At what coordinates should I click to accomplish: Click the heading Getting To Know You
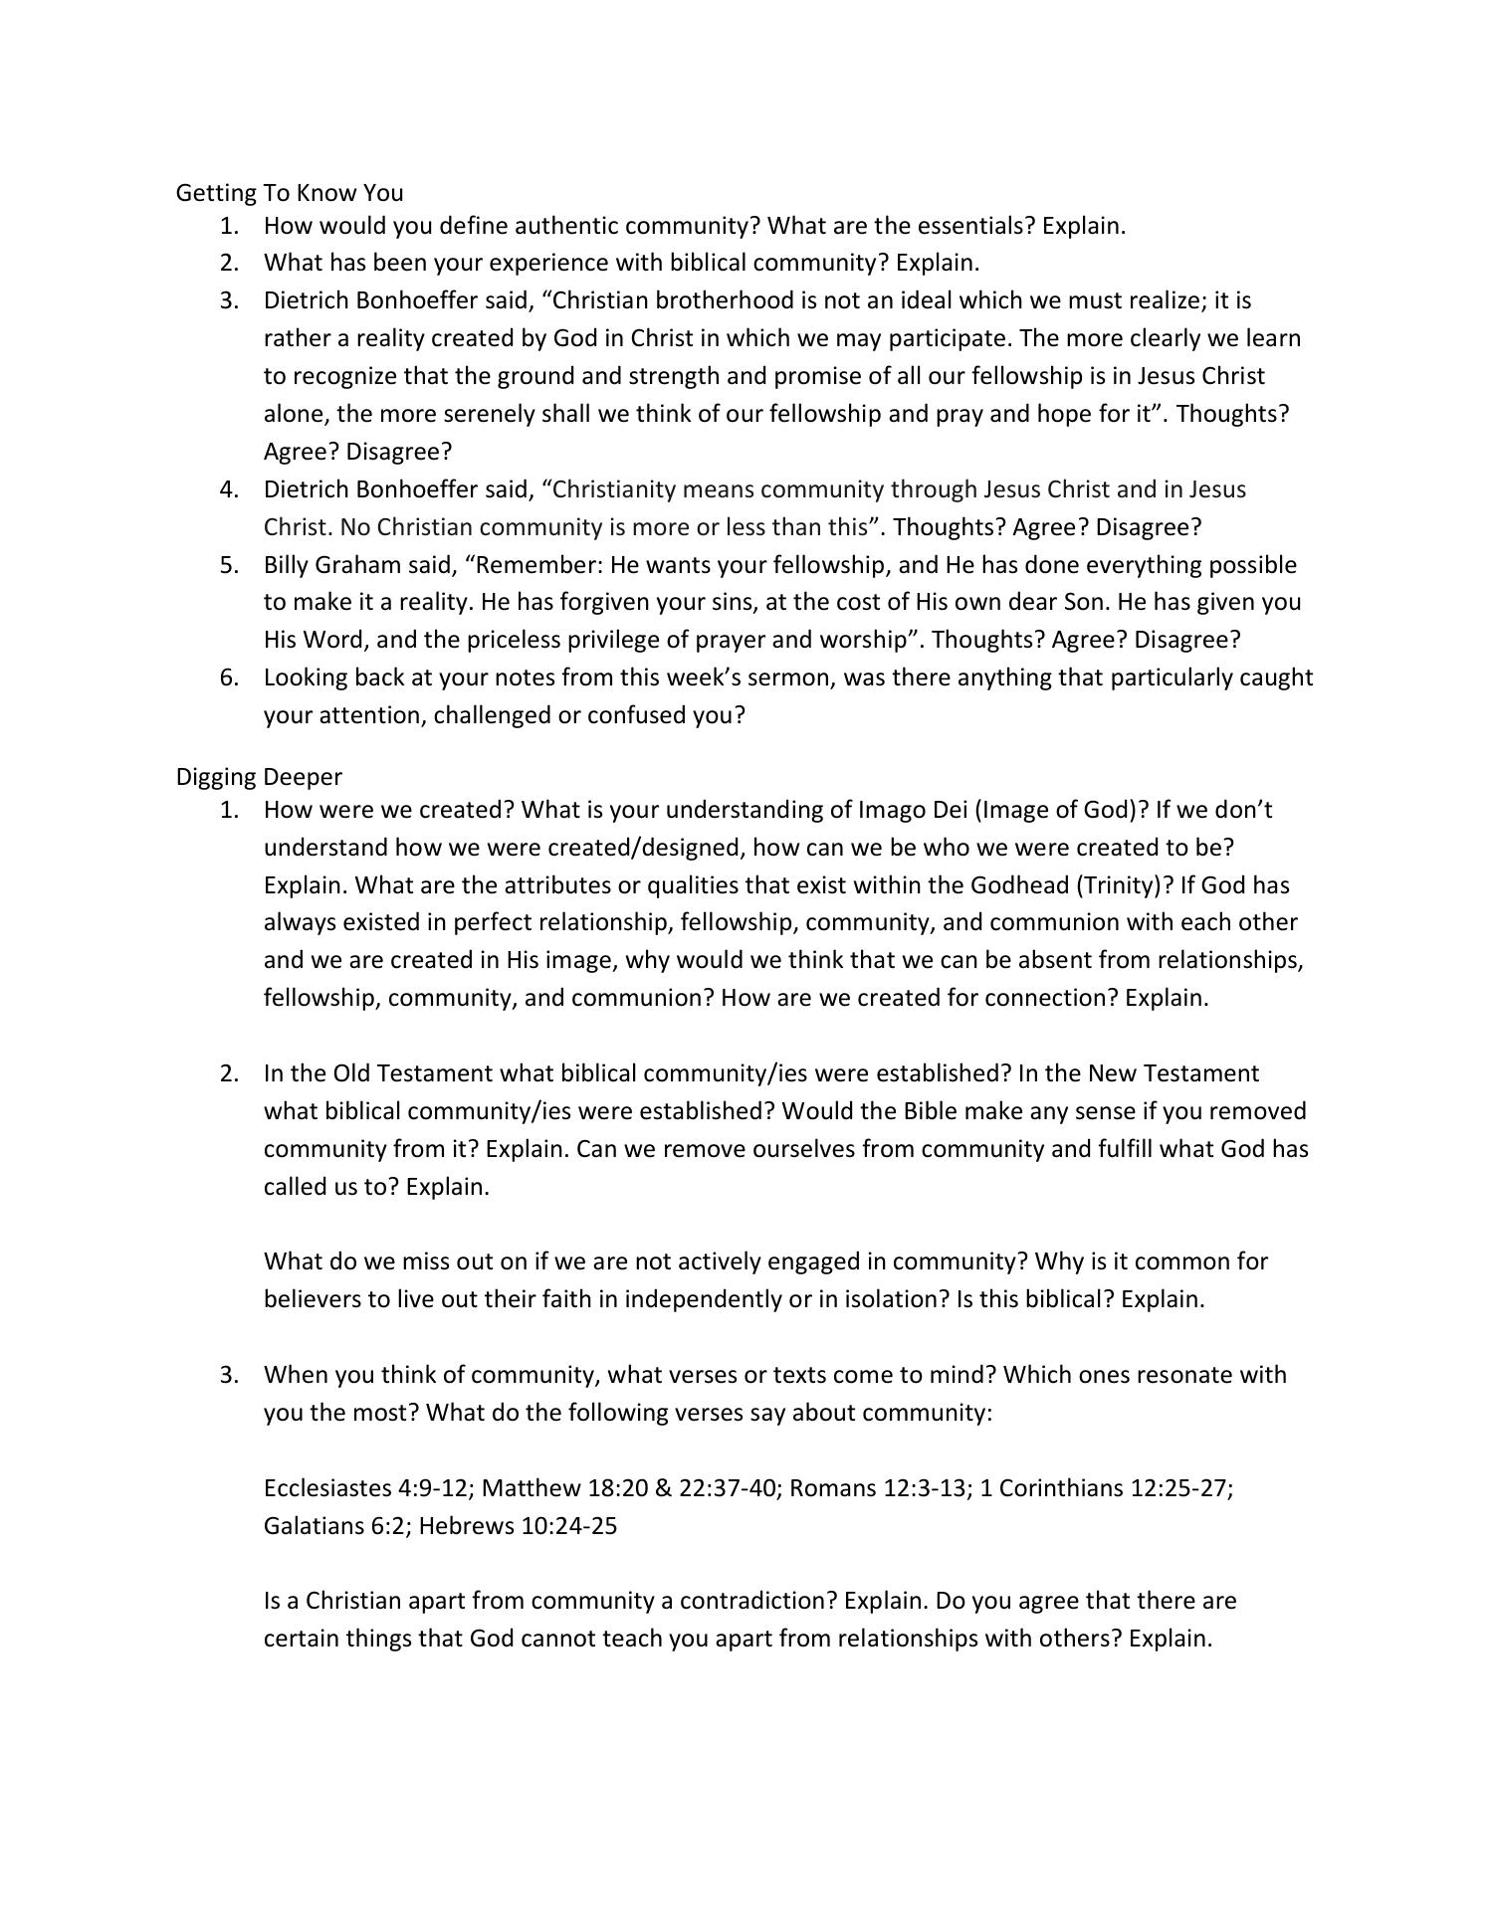coord(289,192)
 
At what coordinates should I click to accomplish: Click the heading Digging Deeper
coord(259,776)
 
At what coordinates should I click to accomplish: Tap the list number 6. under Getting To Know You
coord(230,677)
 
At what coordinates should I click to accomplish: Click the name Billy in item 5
coord(286,565)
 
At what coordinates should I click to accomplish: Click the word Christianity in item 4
coord(612,489)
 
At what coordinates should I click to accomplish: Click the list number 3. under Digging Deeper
coord(230,1375)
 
